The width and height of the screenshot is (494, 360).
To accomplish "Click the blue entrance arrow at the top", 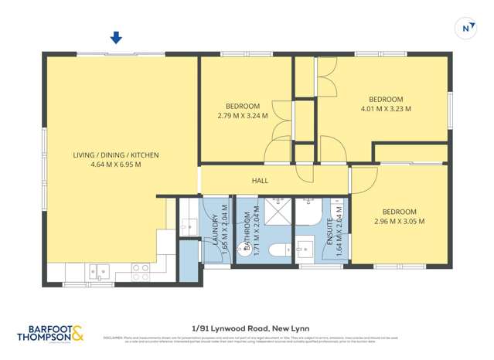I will [116, 37].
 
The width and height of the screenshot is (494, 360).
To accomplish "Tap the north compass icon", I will [467, 28].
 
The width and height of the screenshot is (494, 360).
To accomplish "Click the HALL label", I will [260, 180].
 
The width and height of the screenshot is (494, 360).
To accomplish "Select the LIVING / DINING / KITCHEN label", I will [116, 155].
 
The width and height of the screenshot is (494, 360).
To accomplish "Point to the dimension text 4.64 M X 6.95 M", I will [116, 165].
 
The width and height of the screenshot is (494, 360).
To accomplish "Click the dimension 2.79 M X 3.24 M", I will [243, 116].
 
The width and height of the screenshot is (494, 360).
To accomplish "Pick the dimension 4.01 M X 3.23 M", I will [386, 109].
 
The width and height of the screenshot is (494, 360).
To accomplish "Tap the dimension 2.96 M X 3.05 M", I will [398, 222].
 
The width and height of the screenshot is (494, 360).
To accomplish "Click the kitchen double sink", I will [98, 270].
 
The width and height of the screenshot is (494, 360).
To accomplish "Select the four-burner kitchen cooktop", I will [141, 271].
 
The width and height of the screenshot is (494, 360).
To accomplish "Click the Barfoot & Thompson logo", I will [51, 333].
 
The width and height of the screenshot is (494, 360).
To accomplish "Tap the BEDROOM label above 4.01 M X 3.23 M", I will [386, 99].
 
